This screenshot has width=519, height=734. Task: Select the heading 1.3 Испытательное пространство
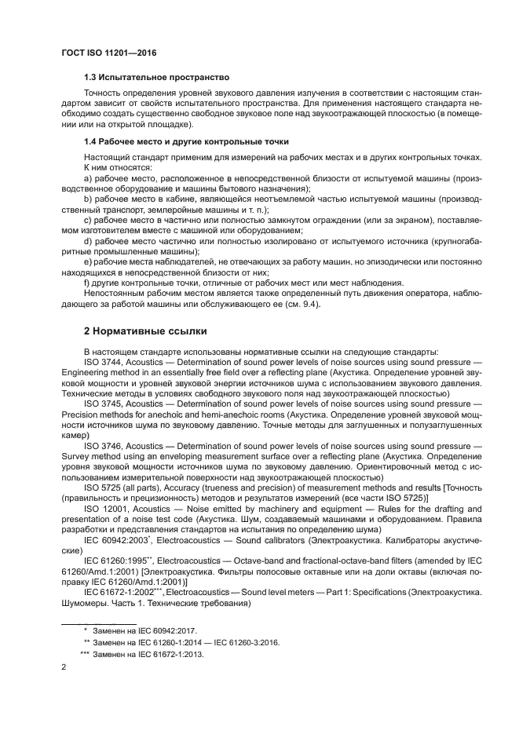[155, 78]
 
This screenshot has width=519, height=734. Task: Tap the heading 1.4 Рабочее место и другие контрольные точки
[186, 141]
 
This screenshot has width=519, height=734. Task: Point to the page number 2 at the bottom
[64, 666]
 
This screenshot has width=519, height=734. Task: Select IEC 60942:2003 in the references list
[115, 542]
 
